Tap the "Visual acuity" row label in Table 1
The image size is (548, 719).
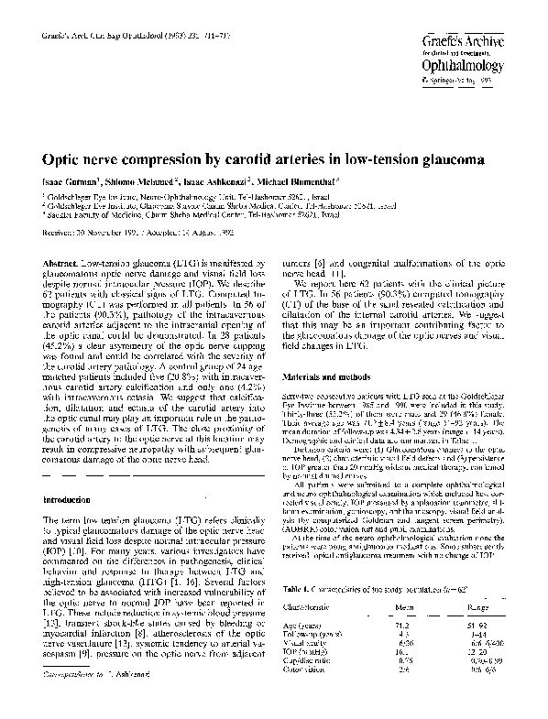point(324,642)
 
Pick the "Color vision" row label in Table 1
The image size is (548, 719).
point(323,670)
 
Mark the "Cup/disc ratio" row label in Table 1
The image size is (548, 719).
point(327,660)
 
